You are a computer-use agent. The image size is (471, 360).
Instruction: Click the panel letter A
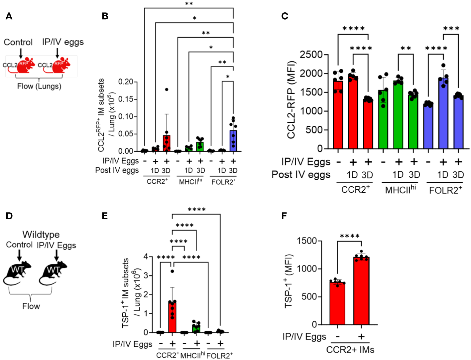[9, 16]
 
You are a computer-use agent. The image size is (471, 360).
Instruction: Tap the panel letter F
[284, 216]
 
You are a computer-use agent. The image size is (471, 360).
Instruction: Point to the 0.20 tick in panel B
[126, 82]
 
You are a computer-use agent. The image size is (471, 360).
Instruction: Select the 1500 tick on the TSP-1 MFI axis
[306, 241]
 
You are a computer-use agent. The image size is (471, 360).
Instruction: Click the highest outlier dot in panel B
[167, 89]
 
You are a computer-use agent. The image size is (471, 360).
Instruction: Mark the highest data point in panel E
[172, 271]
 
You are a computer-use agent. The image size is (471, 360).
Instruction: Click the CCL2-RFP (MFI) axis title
[291, 100]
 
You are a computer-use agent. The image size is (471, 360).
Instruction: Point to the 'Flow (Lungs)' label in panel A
[39, 86]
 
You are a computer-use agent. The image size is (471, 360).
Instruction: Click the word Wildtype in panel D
[41, 235]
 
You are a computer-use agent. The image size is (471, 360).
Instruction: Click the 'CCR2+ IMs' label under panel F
[350, 350]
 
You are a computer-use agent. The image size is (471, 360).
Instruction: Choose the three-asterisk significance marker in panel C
[451, 29]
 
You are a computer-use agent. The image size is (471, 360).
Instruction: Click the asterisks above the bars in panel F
[350, 236]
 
